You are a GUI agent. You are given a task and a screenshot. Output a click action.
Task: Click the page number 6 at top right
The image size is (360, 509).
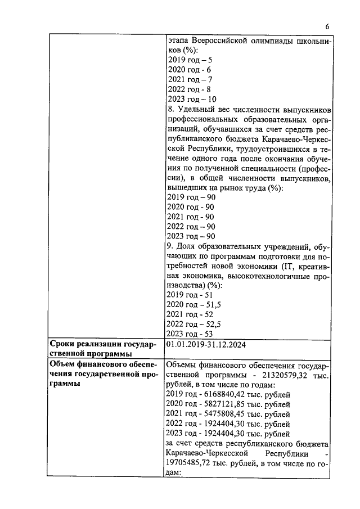point(327,26)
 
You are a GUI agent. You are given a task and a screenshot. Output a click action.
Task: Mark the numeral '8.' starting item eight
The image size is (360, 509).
point(171,109)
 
